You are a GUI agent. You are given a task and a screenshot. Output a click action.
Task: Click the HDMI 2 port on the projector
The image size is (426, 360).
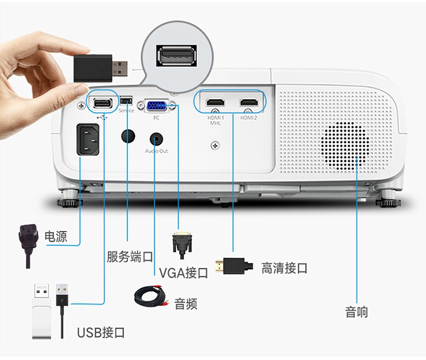(x=249, y=102)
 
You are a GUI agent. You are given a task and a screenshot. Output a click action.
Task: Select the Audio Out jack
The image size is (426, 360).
(x=156, y=139)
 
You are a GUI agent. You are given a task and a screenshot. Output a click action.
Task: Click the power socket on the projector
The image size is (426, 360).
(x=88, y=139)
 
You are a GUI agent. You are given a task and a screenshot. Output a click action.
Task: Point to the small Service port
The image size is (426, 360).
(x=126, y=101)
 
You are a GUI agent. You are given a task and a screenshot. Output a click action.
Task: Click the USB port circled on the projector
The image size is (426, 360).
(x=102, y=102)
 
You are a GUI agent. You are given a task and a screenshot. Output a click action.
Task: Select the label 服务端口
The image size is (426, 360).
(x=129, y=256)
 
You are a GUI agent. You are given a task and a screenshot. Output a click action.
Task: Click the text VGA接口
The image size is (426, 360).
(x=183, y=273)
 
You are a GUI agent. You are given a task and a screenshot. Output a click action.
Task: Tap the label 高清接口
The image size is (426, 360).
(x=284, y=268)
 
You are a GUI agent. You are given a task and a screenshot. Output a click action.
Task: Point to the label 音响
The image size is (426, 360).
(x=356, y=311)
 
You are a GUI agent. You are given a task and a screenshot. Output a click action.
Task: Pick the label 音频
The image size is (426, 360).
(x=185, y=303)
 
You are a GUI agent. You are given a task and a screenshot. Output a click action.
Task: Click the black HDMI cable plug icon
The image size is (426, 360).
(x=234, y=266)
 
